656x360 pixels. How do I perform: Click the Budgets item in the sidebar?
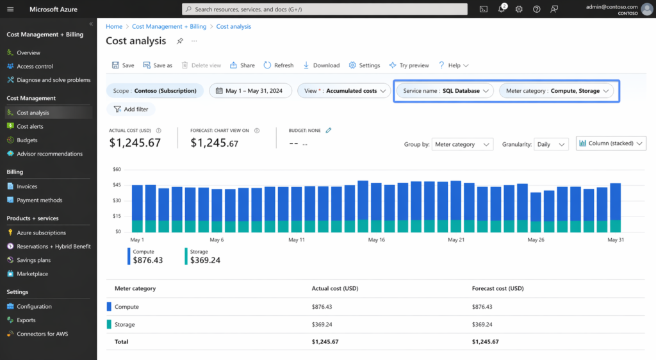[27, 140]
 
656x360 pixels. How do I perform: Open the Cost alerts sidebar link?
[29, 127]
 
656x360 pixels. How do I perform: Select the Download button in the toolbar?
[322, 65]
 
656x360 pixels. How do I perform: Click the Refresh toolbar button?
[279, 65]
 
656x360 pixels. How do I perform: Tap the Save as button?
[158, 65]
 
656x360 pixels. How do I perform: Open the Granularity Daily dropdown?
[551, 145]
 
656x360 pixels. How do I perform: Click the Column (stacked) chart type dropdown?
[611, 144]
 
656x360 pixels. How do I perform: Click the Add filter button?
[131, 110]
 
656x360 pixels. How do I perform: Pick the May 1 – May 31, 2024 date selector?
[250, 91]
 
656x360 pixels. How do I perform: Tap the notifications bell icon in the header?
[502, 10]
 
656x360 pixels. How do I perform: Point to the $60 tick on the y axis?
[117, 170]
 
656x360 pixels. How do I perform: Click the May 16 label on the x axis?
[376, 240]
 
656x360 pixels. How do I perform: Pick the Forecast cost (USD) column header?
[498, 288]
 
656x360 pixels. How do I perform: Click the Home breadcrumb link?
[114, 27]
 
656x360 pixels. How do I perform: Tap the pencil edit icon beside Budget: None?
[329, 130]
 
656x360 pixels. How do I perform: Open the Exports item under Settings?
[26, 320]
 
